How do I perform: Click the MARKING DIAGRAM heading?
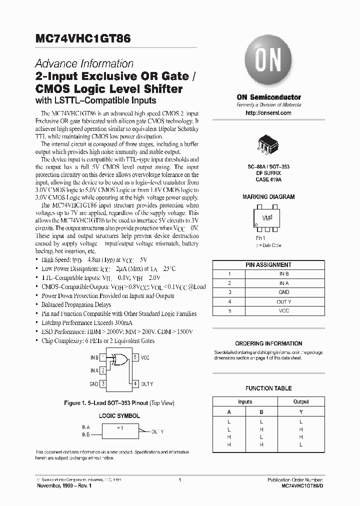tap(268, 197)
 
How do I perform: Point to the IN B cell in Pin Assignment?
tap(284, 274)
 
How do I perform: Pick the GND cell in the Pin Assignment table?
tap(284, 292)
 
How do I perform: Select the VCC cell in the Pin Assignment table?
tap(284, 310)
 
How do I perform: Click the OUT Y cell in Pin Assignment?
tap(284, 301)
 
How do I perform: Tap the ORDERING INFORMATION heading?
tap(268, 343)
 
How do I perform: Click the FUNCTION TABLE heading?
tap(268, 388)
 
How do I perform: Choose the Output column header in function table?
tap(301, 401)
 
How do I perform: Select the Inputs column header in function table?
tap(245, 401)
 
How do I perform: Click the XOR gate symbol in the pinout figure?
tap(120, 358)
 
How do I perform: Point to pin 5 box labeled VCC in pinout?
tap(135, 358)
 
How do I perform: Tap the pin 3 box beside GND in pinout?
tap(103, 384)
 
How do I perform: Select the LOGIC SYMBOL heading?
tap(119, 415)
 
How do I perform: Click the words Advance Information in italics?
tap(84, 63)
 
